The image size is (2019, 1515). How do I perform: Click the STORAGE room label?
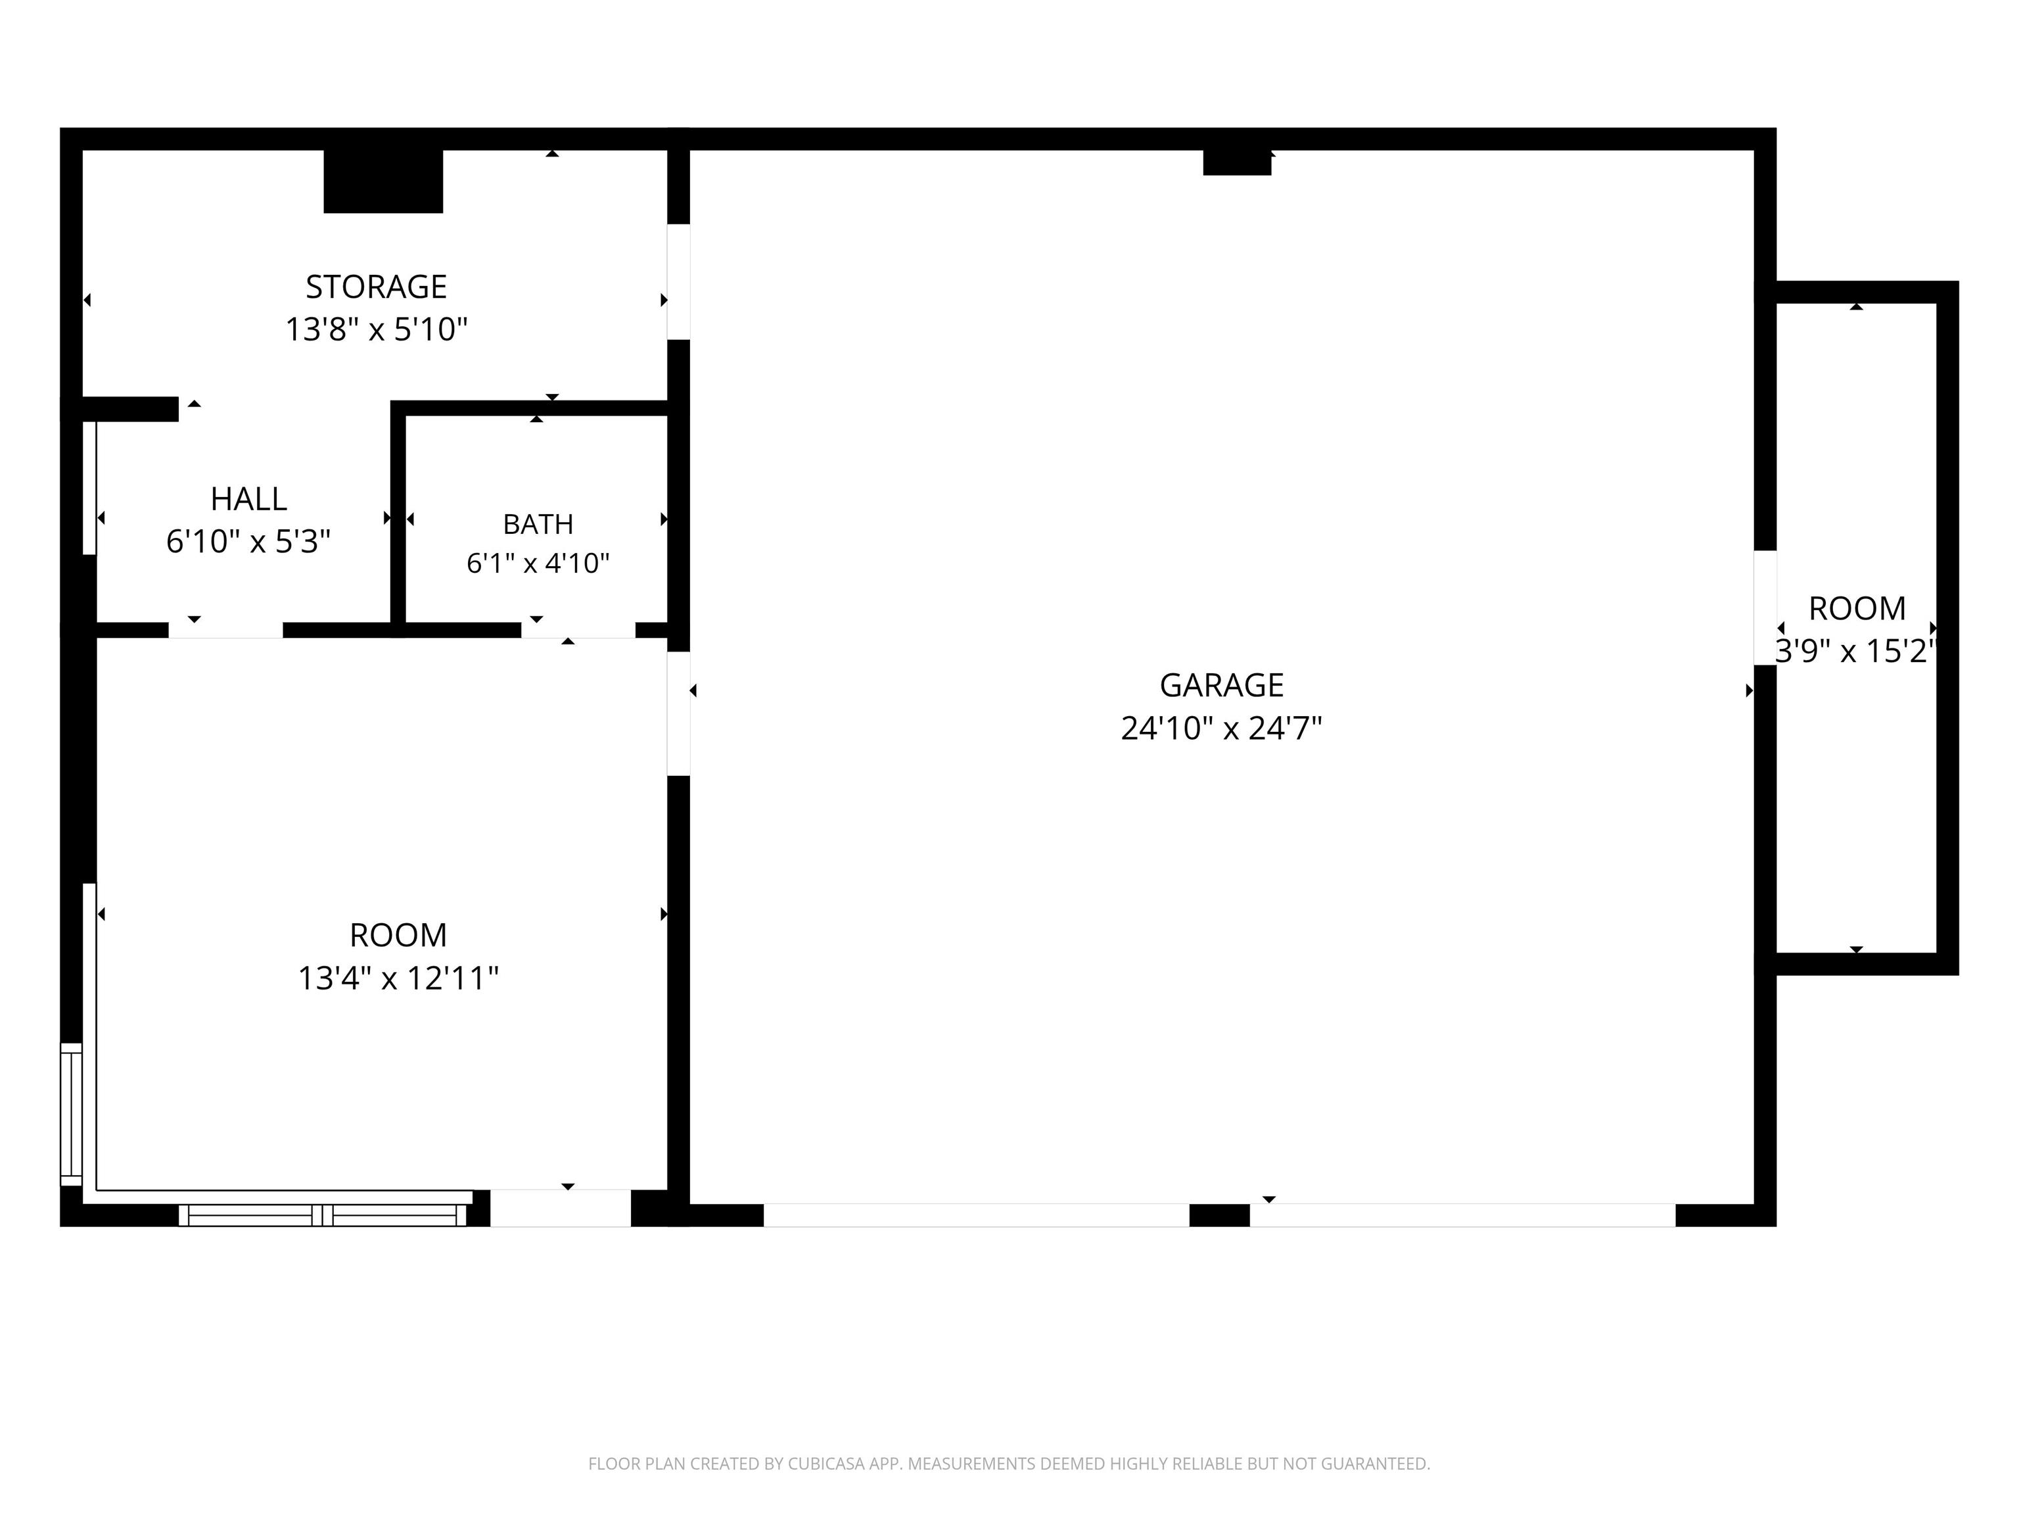point(376,287)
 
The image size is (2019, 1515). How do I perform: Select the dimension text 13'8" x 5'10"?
point(376,329)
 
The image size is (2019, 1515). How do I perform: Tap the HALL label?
point(248,498)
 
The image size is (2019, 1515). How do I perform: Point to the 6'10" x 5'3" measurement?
point(248,542)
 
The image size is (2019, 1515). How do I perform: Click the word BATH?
point(538,524)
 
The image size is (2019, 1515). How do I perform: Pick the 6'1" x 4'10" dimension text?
point(538,562)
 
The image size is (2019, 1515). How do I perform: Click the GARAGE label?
point(1221,685)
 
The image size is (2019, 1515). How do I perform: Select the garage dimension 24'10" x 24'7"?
point(1221,728)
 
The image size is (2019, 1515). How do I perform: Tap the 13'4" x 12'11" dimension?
point(398,978)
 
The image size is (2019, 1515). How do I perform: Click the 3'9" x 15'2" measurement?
point(1855,651)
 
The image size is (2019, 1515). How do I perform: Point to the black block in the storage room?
point(383,181)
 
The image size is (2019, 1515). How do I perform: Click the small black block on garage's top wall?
point(1237,162)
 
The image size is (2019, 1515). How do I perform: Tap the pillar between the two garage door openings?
point(1219,1214)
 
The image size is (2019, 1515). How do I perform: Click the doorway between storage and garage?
point(678,281)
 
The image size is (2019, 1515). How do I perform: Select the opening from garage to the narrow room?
point(1765,608)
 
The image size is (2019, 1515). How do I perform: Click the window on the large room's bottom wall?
point(322,1214)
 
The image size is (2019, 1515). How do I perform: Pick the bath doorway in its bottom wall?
point(578,630)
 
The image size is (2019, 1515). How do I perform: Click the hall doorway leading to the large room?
point(225,630)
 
